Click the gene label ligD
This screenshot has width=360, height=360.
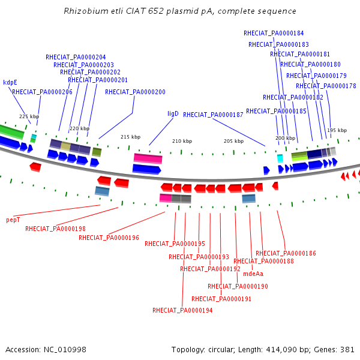tap(173, 114)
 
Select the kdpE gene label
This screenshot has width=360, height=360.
tap(10, 82)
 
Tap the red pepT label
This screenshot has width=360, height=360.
tap(13, 220)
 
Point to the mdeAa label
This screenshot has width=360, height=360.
tap(253, 274)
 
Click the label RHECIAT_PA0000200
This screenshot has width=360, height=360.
tap(135, 92)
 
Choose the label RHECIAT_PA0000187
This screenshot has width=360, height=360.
tap(213, 115)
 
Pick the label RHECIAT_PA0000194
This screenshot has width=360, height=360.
tap(182, 310)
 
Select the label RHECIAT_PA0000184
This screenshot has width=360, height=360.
tap(274, 33)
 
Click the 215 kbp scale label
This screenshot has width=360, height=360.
tap(130, 137)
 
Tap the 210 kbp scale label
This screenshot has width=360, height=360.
tap(182, 141)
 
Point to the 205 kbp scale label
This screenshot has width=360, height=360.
tap(234, 141)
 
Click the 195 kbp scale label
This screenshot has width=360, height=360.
tap(337, 130)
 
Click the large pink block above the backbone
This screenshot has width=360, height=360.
tap(148, 158)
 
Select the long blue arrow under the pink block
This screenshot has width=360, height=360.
tap(147, 169)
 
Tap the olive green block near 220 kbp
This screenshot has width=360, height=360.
tap(97, 152)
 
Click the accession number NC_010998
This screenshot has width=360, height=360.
tap(65, 350)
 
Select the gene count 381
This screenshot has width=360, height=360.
tap(347, 350)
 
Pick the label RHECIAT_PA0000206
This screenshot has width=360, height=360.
tap(42, 92)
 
